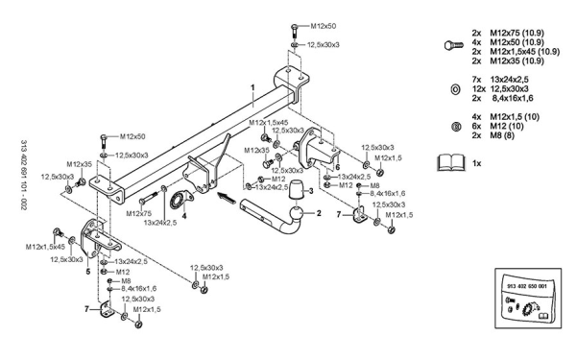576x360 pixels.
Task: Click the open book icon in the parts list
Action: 451,163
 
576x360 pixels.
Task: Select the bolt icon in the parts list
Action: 454,46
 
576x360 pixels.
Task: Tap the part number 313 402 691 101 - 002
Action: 23,176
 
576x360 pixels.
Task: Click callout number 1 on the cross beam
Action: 252,87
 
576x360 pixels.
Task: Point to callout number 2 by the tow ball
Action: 319,213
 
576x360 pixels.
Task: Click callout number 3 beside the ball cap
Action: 311,191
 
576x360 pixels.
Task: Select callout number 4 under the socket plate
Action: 184,216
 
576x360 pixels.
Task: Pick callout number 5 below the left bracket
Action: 87,272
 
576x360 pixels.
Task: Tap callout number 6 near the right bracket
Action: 338,167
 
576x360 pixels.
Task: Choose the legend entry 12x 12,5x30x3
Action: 500,89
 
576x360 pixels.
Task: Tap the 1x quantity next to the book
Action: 476,163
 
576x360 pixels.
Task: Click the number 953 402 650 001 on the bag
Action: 526,286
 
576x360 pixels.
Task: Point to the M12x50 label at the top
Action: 324,26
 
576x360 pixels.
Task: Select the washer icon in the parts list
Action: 455,89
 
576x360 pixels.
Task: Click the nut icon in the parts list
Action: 455,127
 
